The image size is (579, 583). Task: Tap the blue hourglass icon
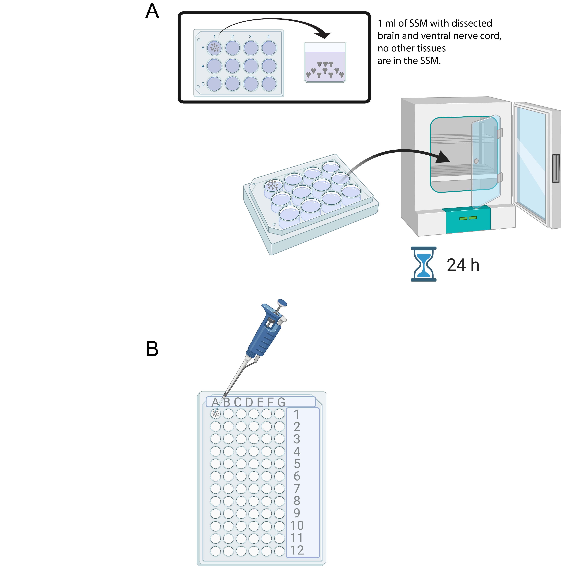pos(423,264)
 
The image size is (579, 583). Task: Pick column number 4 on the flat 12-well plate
pos(269,37)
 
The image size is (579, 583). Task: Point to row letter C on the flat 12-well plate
pos(203,84)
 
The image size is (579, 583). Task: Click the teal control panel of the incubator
pos(468,219)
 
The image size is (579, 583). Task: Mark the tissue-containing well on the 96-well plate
pos(215,414)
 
